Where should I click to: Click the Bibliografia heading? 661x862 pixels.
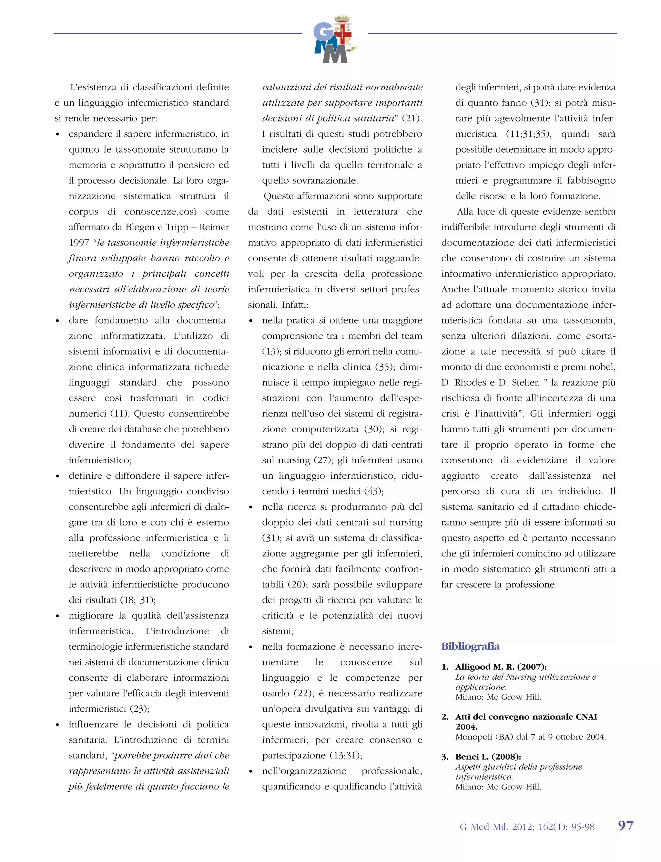[x=470, y=646]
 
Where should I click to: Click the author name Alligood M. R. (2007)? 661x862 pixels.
[x=501, y=667]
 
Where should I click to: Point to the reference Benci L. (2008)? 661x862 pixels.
[x=488, y=757]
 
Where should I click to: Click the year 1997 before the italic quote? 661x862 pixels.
[x=79, y=243]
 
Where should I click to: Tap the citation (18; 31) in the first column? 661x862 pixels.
[x=138, y=600]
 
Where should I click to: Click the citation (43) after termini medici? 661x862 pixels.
[x=373, y=492]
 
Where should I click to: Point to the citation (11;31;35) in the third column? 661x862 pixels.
[x=528, y=134]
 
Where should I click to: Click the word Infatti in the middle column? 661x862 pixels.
[x=295, y=305]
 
